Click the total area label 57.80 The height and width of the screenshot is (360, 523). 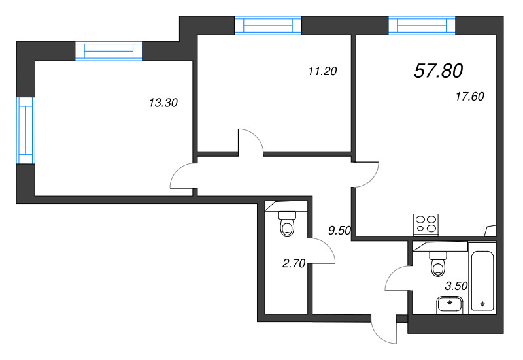click(x=443, y=71)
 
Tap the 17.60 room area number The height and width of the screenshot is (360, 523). click(x=469, y=97)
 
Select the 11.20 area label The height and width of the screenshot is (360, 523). click(x=322, y=71)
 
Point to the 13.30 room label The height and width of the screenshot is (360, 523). click(x=163, y=102)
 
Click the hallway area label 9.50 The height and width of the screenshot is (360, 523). click(x=341, y=229)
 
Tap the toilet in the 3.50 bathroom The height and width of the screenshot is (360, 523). click(x=438, y=265)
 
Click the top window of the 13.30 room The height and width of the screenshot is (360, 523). click(x=109, y=51)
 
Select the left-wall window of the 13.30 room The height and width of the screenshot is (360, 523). click(x=25, y=129)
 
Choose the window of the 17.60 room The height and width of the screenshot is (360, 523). click(x=422, y=25)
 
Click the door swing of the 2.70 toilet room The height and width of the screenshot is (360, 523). click(x=322, y=252)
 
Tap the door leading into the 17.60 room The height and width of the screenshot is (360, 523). click(x=366, y=173)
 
